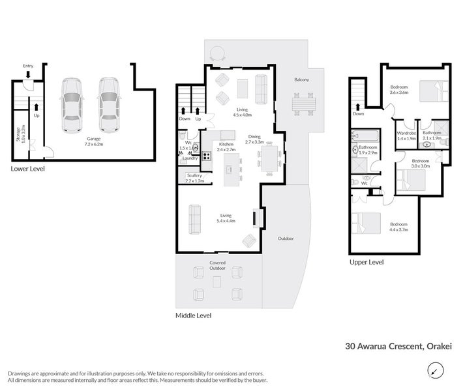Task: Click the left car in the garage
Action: point(72,105)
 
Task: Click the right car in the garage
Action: point(110,105)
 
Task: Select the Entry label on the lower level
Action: point(28,66)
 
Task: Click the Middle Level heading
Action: point(194,315)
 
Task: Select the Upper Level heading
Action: point(367,262)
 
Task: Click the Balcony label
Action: point(301,80)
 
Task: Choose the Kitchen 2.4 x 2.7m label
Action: point(226,147)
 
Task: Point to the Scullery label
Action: point(194,177)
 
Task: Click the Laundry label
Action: point(190,158)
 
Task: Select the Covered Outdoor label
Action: point(217,265)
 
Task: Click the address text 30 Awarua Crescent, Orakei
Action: point(398,347)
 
